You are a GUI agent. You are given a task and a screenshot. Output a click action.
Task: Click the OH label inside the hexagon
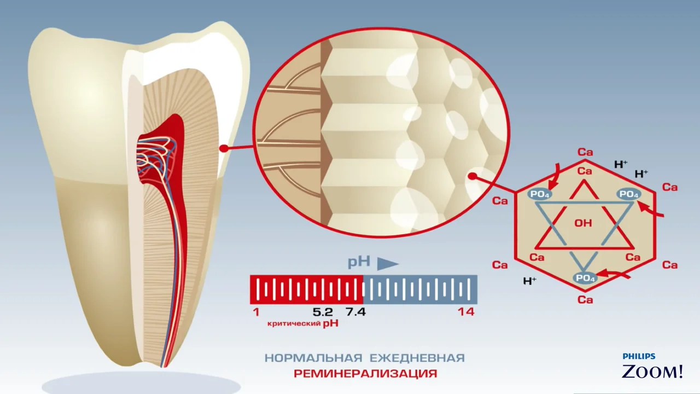point(583,223)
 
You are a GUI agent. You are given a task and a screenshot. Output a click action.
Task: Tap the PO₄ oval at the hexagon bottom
point(585,278)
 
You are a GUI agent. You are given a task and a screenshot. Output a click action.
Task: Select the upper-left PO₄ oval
point(540,194)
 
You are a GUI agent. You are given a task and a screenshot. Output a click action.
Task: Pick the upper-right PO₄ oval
point(629,194)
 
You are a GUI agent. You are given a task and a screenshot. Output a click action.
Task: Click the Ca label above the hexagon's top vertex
point(585,152)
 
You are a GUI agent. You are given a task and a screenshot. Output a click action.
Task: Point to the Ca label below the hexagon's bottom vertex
point(585,300)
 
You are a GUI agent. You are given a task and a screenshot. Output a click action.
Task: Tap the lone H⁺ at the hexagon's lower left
point(530,281)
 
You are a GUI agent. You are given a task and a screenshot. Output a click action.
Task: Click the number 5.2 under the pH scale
point(323,312)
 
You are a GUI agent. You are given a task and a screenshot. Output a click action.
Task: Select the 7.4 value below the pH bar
point(355,312)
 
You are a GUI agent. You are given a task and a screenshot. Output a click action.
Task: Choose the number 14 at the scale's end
point(466,312)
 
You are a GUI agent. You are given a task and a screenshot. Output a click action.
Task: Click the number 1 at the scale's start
point(256,312)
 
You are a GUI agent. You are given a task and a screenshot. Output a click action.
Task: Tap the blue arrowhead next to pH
point(388,264)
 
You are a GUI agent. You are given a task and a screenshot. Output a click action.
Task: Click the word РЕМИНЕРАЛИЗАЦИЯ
point(365,373)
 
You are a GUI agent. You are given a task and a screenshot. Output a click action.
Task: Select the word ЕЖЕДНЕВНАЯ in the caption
point(417,358)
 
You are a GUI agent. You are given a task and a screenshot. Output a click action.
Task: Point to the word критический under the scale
point(294,323)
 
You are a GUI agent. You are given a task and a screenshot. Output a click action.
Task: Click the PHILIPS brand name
point(639,356)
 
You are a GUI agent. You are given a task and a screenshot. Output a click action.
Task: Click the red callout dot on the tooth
point(224,148)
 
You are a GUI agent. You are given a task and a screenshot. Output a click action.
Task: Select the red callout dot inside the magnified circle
point(473,177)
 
